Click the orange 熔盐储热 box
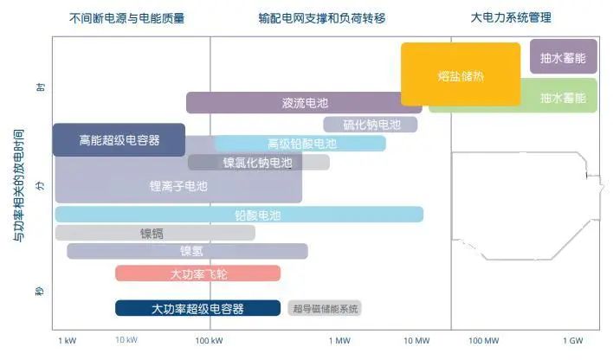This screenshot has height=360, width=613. point(461,75)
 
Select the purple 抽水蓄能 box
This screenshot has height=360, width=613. point(563,57)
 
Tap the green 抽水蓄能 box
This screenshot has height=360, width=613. point(563,98)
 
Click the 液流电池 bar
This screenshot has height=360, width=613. point(304,103)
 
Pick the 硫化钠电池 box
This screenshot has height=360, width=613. point(371,125)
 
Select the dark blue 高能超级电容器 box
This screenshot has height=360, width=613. point(119,139)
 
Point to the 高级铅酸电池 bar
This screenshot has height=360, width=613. point(301,144)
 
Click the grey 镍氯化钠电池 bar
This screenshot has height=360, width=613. point(258,162)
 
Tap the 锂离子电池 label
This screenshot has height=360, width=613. point(178,185)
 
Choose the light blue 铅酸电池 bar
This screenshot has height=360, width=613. point(240,215)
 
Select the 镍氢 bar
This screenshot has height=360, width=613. point(187,251)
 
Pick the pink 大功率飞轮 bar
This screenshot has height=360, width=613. point(198,273)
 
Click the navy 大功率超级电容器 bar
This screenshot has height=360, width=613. point(198,308)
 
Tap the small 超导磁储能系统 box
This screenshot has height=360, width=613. point(326,309)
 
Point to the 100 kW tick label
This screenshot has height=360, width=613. point(210,340)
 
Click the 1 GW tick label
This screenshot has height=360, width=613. point(576,340)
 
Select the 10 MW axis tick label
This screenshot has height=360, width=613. point(416,340)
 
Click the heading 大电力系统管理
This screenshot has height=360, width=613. point(511,17)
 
